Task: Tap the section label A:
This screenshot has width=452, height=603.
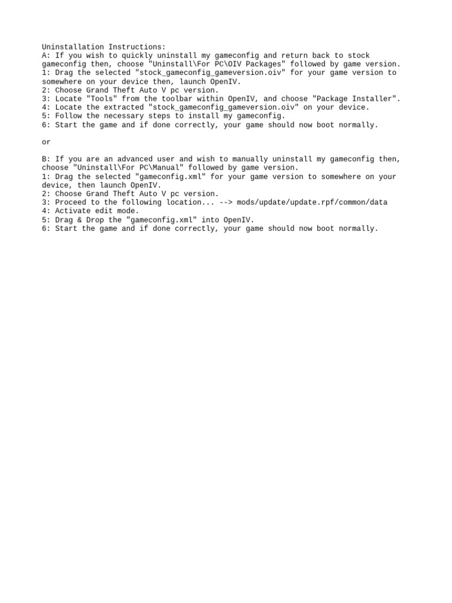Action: click(x=46, y=55)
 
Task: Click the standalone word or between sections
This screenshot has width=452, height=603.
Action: click(x=46, y=142)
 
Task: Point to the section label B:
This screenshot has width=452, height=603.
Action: click(x=46, y=159)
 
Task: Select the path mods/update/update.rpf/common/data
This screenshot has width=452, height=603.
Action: click(x=312, y=203)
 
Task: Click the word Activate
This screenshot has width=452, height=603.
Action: click(x=75, y=211)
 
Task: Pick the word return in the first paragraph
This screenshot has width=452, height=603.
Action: click(x=295, y=55)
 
